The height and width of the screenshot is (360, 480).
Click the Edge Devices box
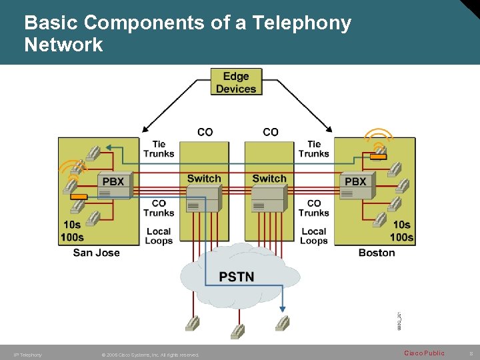[x=235, y=83]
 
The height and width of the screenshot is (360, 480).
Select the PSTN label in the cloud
[x=237, y=276]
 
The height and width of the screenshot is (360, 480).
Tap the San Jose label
[x=97, y=253]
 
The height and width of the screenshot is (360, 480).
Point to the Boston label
[x=377, y=253]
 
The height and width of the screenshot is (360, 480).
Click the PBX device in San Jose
[x=113, y=187]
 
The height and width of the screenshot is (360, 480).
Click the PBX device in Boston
[x=356, y=187]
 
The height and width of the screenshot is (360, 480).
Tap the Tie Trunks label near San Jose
[x=159, y=149]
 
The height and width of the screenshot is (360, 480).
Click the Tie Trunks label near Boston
[x=314, y=149]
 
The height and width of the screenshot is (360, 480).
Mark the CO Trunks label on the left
[x=159, y=208]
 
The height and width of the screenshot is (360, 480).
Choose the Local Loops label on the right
[x=314, y=236]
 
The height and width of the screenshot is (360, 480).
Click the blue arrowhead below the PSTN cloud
[x=283, y=307]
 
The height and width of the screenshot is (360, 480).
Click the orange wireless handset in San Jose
[x=79, y=197]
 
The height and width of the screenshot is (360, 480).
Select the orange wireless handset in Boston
[x=378, y=157]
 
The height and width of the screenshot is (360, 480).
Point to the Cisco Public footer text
[x=424, y=353]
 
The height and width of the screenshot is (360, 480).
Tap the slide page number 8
[x=471, y=353]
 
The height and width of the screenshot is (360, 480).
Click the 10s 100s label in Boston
[x=402, y=231]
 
